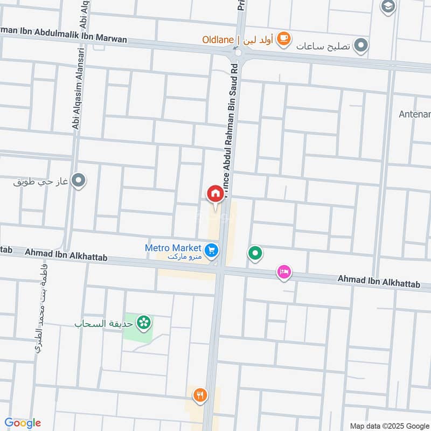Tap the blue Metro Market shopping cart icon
[x=211, y=249]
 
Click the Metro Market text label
[x=173, y=248]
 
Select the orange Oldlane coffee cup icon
[x=284, y=39]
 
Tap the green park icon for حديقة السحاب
[x=144, y=323]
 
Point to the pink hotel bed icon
[x=284, y=272]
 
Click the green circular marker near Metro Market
[x=255, y=252]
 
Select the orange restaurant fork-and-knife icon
[x=201, y=395]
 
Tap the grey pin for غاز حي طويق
[x=79, y=180]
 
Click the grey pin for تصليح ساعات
[x=362, y=46]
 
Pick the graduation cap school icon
[x=387, y=6]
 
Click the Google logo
[x=22, y=422]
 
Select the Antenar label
[x=414, y=114]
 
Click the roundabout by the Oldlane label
[x=238, y=53]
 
